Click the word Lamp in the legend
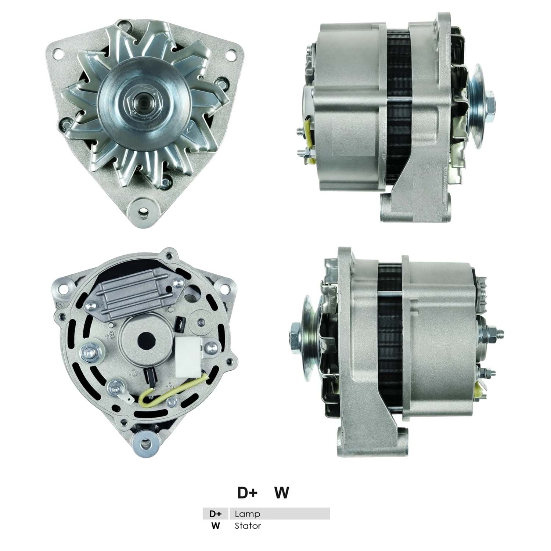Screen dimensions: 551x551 [x=247, y=514]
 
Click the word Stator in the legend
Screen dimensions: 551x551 [x=248, y=526]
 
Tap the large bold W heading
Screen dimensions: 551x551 [x=282, y=493]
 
